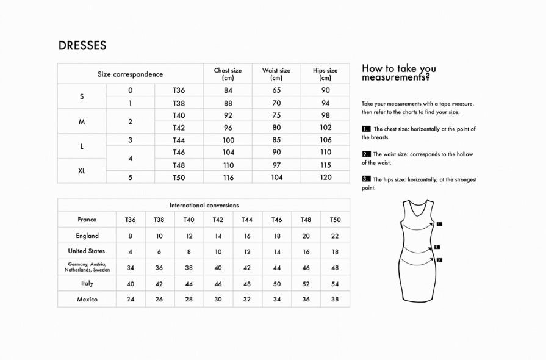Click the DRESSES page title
coord(82,46)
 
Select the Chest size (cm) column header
coord(228,74)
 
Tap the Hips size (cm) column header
coord(325,74)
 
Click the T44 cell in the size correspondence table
coord(179,140)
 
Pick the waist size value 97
coord(276,165)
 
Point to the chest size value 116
coord(228,178)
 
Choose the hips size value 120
coord(326,178)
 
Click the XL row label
coord(82,171)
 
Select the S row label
coord(82,97)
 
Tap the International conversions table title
coord(204,206)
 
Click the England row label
coord(87,236)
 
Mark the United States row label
coord(87,251)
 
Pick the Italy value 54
coord(335,284)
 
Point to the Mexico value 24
coord(130,300)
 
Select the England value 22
coord(335,236)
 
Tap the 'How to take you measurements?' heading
coord(398,73)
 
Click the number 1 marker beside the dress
coord(439,224)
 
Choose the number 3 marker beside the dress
coord(439,260)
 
